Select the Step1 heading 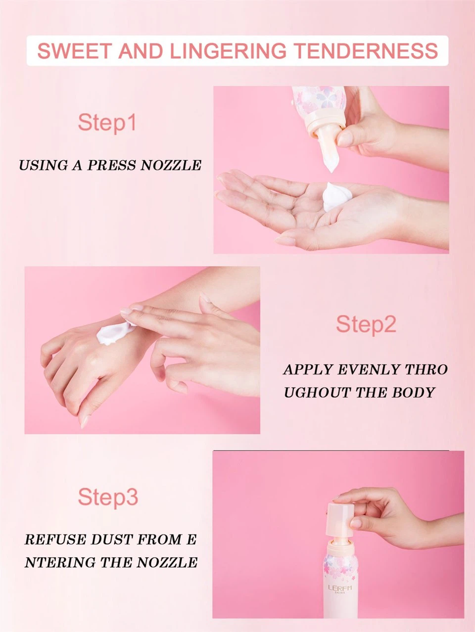107,122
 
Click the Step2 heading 366,324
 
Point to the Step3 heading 108,497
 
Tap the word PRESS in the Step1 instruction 112,165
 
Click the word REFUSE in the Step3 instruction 54,539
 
